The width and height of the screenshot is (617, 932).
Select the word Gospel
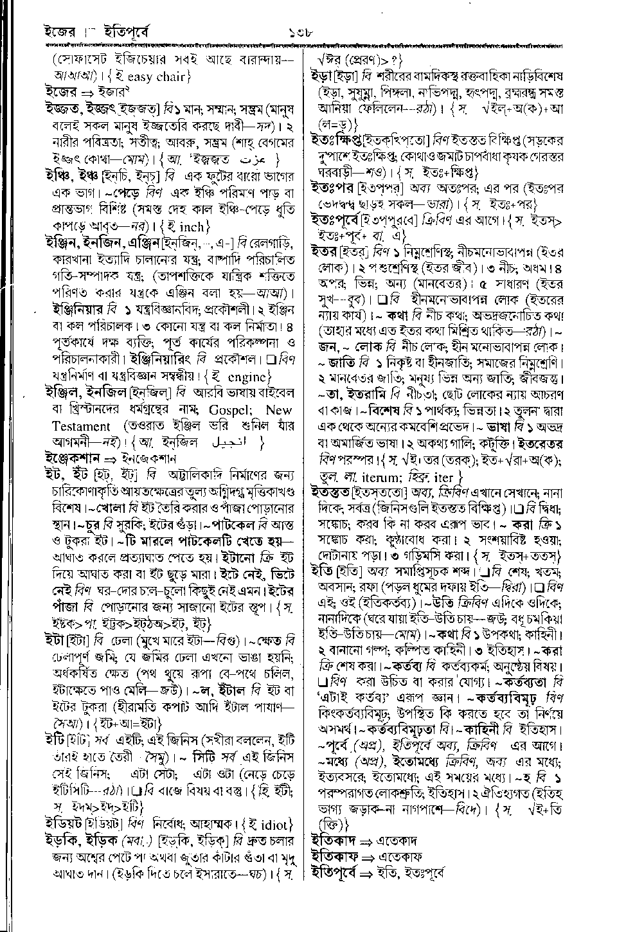click(220, 411)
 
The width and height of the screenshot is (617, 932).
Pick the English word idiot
click(273, 824)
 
